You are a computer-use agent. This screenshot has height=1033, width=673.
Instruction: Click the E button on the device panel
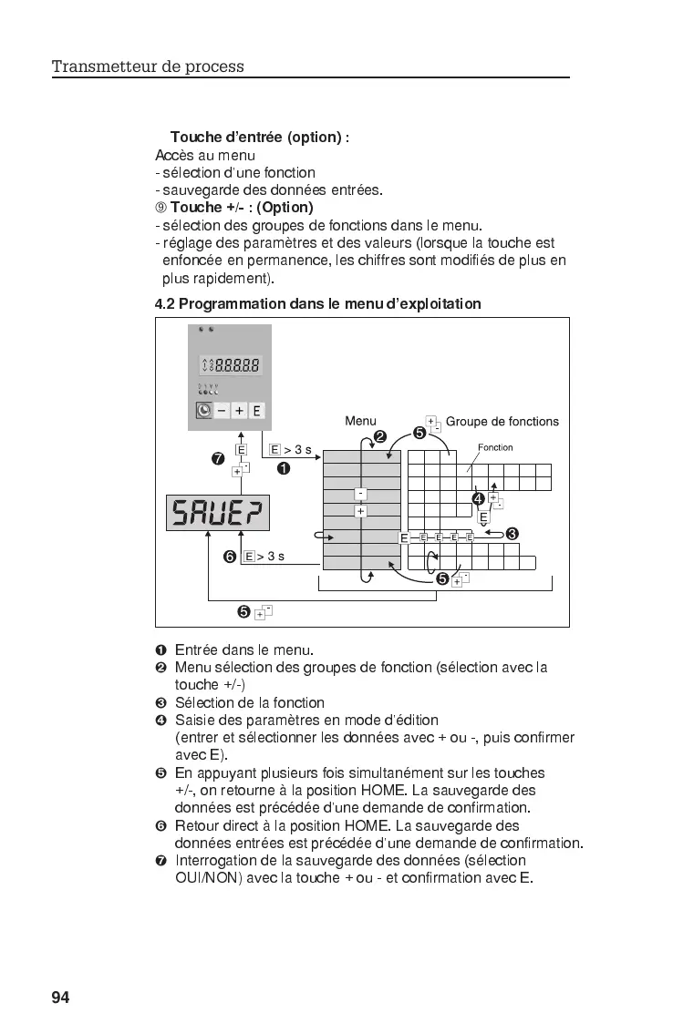click(x=257, y=411)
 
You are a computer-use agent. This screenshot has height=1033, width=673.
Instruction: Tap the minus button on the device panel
click(x=222, y=411)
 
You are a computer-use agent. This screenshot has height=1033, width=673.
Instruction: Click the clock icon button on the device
click(x=204, y=411)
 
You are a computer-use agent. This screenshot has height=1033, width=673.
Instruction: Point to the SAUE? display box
click(x=218, y=513)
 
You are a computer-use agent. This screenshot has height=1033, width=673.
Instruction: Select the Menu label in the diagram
click(x=360, y=421)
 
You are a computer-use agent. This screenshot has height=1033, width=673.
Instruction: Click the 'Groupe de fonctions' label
click(x=502, y=421)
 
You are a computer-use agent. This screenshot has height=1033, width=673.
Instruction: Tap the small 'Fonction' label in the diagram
click(x=495, y=447)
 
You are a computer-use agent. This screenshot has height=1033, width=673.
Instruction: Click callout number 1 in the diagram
click(x=284, y=469)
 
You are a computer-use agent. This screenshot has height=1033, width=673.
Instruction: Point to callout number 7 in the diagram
click(x=218, y=458)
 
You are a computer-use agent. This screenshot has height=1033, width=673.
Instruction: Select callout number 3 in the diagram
click(x=513, y=533)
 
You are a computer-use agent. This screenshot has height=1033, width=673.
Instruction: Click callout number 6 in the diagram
click(x=230, y=556)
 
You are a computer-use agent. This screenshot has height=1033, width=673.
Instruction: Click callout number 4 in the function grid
click(x=478, y=498)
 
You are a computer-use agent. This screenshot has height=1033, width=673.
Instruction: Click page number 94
click(x=60, y=997)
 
